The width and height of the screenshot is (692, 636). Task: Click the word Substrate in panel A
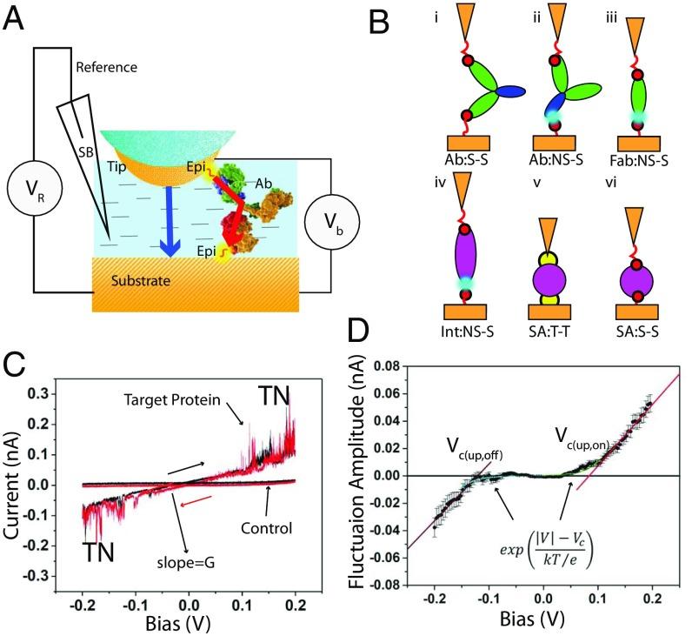point(141,283)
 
